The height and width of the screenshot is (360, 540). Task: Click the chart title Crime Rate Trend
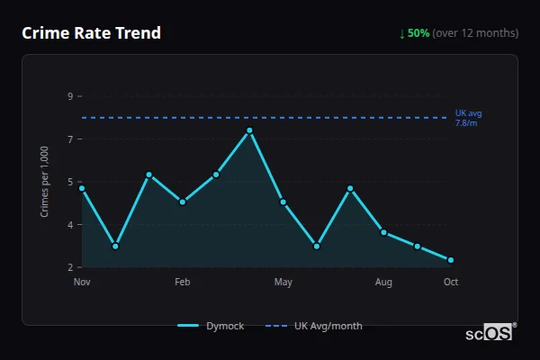tap(92, 33)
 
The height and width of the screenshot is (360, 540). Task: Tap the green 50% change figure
tap(418, 33)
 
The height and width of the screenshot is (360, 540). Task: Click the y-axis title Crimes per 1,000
tap(45, 182)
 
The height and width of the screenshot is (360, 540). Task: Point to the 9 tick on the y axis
tap(69, 96)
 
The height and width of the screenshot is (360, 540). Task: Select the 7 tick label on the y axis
tap(69, 139)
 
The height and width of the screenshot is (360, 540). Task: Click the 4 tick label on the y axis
tap(69, 225)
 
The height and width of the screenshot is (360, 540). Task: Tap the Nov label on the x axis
tap(82, 283)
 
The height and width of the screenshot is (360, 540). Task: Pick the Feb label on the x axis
tap(183, 283)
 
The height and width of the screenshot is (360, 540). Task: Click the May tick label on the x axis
tap(283, 283)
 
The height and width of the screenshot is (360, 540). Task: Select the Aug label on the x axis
tap(384, 283)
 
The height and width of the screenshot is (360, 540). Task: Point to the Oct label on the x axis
tap(451, 283)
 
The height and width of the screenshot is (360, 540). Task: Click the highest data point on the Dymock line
tap(249, 130)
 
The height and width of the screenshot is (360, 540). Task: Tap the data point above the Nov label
tap(82, 188)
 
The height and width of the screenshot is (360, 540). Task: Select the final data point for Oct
tap(451, 260)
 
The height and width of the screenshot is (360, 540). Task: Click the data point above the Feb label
tap(183, 202)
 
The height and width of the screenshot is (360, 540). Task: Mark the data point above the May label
tap(283, 202)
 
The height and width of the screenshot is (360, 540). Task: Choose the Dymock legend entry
tap(211, 326)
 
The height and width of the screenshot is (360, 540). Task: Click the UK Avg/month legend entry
tap(316, 326)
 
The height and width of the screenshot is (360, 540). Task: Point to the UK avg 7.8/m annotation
tap(468, 117)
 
